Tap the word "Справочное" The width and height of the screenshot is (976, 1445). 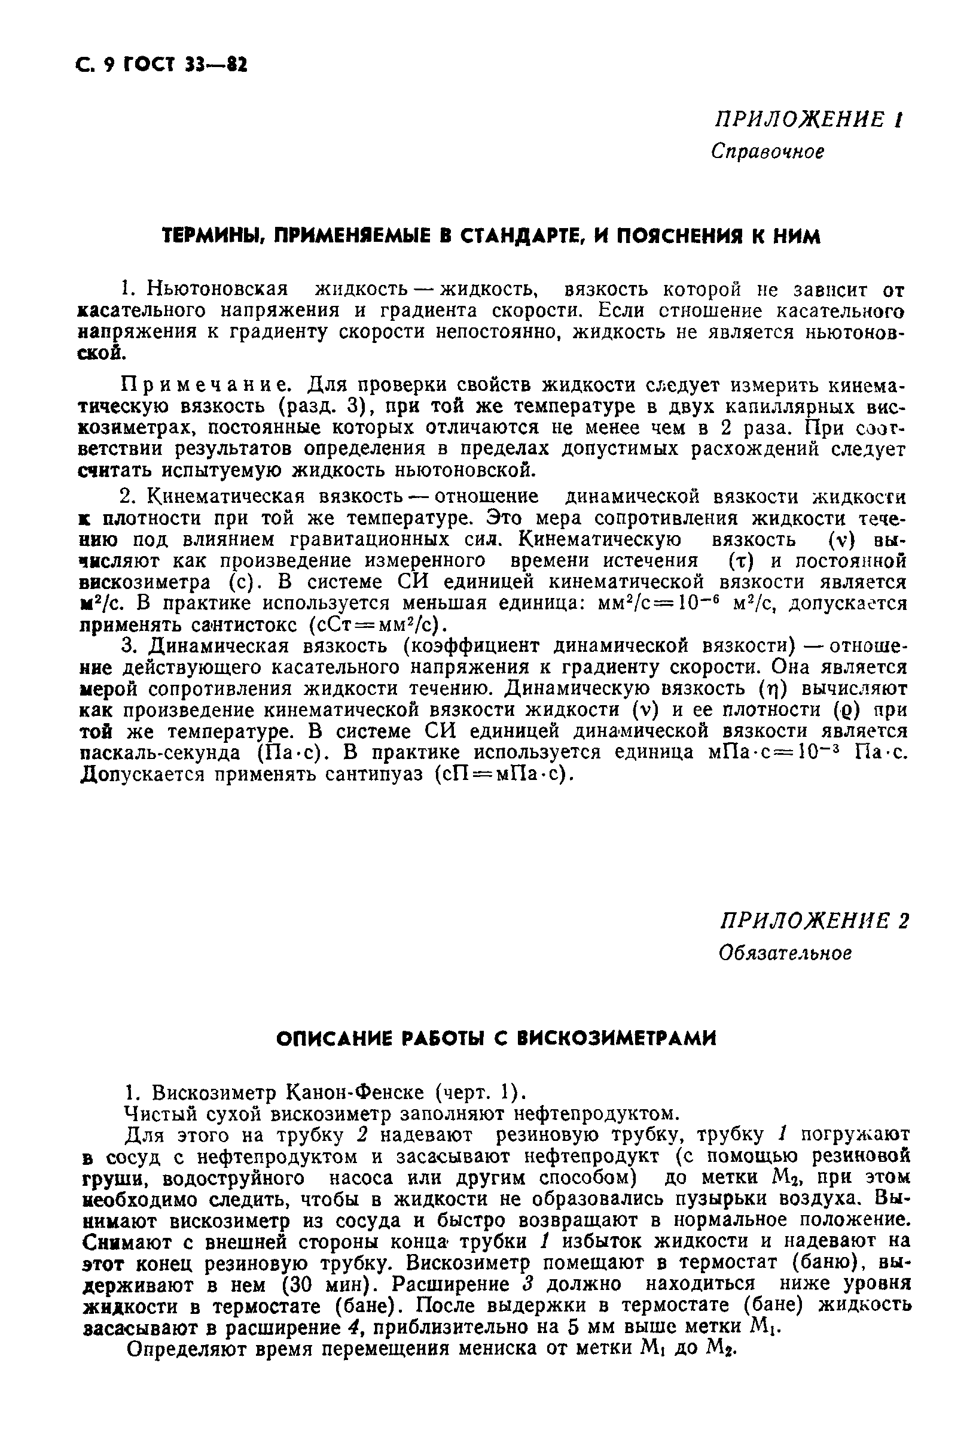(768, 151)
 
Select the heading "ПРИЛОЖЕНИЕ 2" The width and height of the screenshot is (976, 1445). (815, 921)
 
